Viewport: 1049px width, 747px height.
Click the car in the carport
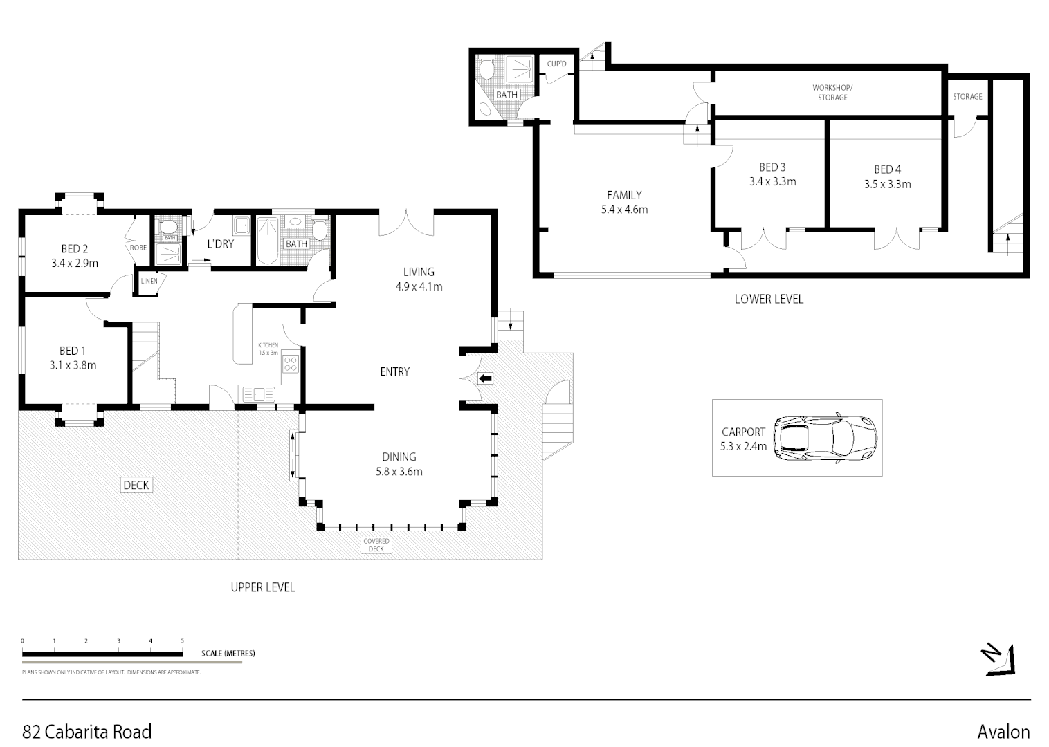point(825,438)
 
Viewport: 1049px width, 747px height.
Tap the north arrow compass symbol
point(999,659)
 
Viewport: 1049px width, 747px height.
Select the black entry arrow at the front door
point(486,378)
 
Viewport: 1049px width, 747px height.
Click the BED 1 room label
point(73,351)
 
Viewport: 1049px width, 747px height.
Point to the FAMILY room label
point(624,195)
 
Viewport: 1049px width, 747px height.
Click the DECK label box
point(136,485)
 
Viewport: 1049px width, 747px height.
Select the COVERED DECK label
point(376,545)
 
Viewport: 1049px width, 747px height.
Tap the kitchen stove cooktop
point(291,363)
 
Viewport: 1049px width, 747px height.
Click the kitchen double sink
point(257,394)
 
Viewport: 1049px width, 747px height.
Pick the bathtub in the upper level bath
point(267,240)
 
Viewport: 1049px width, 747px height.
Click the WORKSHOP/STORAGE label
point(832,93)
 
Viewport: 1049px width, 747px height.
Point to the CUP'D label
point(557,64)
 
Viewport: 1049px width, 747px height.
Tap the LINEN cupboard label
point(149,282)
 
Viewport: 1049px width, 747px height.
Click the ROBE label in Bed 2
point(138,247)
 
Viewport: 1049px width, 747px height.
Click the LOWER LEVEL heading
point(769,299)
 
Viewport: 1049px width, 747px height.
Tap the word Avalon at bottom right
point(1003,732)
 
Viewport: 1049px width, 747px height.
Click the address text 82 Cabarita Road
point(87,732)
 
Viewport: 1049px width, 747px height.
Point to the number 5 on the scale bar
point(183,641)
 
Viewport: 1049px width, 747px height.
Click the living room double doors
point(406,223)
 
